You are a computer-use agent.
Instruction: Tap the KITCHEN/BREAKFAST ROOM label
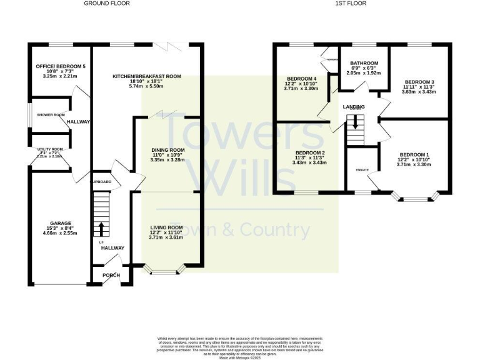click(x=147, y=76)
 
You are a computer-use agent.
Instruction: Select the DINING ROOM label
click(x=168, y=150)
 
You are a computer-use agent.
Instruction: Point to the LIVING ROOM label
click(x=166, y=227)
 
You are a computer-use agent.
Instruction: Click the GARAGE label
click(x=61, y=223)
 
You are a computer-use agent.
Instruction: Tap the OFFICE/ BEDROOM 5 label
click(x=53, y=66)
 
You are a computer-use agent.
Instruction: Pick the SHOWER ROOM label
click(x=51, y=115)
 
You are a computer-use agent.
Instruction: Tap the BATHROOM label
click(x=364, y=63)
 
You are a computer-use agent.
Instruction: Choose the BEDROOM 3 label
click(x=419, y=82)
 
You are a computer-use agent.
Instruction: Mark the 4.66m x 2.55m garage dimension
click(x=61, y=234)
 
